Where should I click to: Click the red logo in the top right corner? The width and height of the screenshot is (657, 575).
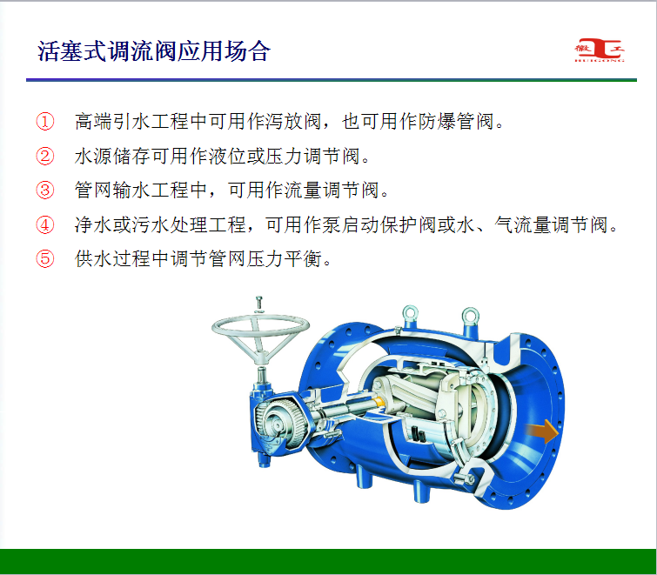[x=600, y=50]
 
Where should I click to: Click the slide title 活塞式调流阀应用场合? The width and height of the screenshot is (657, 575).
[x=154, y=51]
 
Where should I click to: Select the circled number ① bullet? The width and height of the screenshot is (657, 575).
[x=45, y=122]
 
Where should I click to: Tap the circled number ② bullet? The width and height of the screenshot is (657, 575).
[x=45, y=156]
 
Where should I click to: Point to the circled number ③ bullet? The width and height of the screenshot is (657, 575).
[x=45, y=191]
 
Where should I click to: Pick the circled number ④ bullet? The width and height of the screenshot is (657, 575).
[x=45, y=224]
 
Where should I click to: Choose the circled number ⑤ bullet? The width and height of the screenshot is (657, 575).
[x=45, y=258]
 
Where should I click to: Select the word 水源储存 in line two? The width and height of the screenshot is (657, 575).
[x=113, y=156]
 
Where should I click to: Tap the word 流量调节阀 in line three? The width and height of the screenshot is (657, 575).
[x=332, y=191]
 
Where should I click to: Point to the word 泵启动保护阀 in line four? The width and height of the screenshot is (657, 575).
[x=379, y=224]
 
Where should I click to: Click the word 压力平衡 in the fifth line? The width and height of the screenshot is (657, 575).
[x=284, y=258]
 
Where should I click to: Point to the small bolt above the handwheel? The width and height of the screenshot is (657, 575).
[x=259, y=304]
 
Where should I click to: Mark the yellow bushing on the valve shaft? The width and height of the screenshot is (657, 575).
[x=379, y=401]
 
